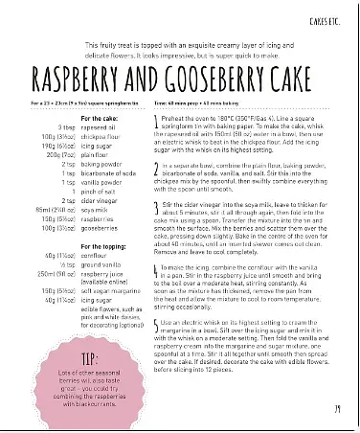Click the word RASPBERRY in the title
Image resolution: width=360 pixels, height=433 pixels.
point(85,80)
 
